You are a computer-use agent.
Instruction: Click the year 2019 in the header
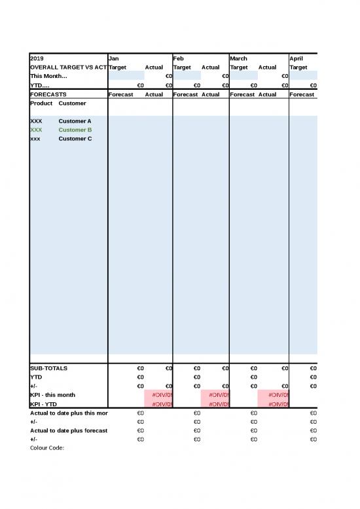click(37, 58)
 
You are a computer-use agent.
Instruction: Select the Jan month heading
click(114, 58)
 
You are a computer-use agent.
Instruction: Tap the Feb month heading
click(179, 58)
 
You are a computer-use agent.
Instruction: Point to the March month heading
click(239, 58)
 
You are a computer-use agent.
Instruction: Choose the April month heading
click(297, 58)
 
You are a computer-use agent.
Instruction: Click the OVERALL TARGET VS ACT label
click(68, 67)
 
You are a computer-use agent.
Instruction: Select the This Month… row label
click(48, 76)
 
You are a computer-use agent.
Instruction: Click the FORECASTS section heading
click(48, 94)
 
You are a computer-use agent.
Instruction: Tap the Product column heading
click(41, 104)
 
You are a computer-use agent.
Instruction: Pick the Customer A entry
click(75, 121)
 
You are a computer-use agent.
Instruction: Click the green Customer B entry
click(75, 130)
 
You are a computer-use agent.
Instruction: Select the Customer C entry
click(75, 139)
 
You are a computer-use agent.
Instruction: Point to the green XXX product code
click(36, 130)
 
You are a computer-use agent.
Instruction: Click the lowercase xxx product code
click(35, 139)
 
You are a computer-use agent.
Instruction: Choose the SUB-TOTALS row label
click(48, 368)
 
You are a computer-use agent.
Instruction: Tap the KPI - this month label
click(52, 395)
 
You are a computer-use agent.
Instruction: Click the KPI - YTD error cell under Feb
click(215, 404)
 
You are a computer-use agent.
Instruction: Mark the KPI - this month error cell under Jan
click(158, 395)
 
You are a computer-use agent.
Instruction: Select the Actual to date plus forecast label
click(69, 430)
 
